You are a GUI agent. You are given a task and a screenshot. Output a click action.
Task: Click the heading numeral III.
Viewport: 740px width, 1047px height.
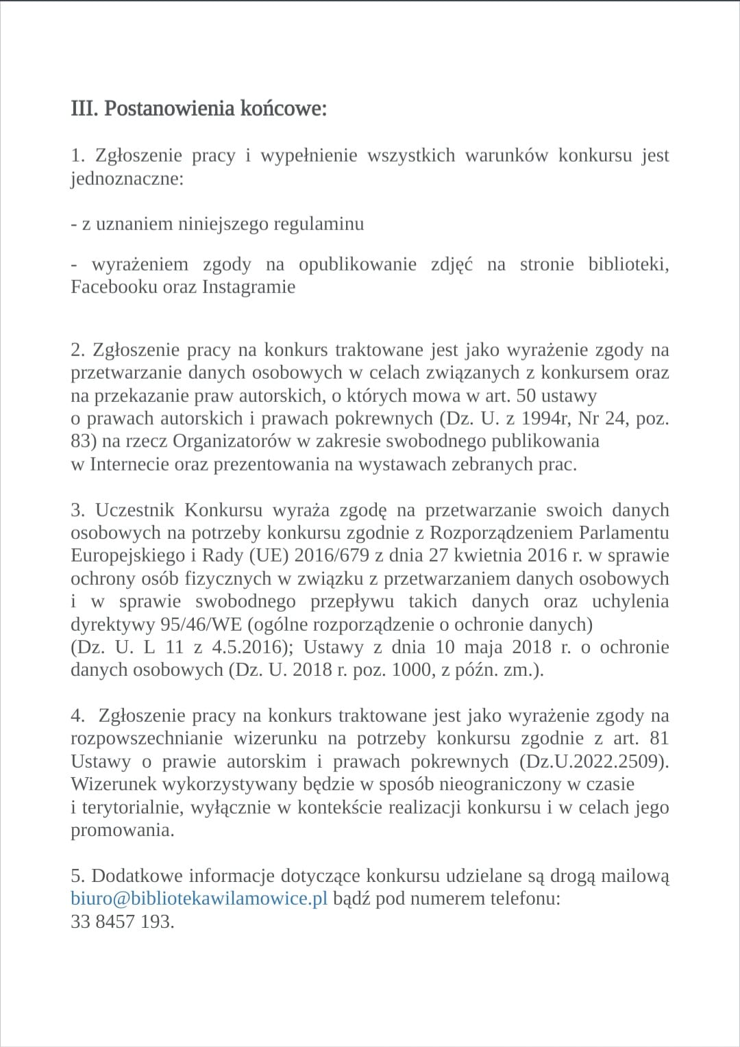click(84, 109)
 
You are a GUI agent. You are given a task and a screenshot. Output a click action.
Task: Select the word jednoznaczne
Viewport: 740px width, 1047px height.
click(127, 178)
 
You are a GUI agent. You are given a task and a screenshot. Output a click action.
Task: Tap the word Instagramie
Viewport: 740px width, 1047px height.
click(248, 286)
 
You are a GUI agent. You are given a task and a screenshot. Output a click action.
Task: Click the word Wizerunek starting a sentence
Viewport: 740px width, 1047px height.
click(114, 784)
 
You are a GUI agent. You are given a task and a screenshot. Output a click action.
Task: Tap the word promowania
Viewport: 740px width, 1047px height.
click(122, 830)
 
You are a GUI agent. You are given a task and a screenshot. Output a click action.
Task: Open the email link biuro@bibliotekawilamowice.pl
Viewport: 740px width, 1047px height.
click(199, 898)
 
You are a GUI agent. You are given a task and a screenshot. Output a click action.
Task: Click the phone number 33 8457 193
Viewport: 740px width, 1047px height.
click(122, 922)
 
